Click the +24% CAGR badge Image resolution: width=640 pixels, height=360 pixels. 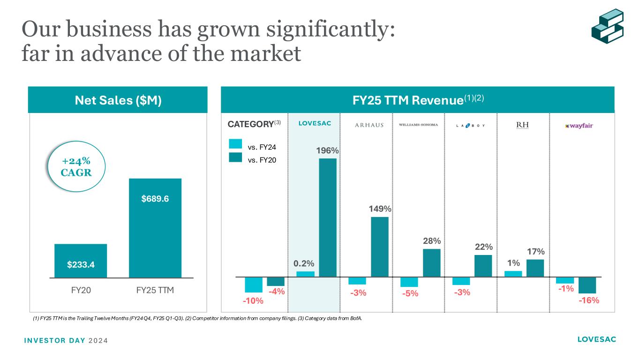76,166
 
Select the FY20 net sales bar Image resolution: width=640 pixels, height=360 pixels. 81,261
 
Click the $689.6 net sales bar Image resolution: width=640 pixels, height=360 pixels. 155,228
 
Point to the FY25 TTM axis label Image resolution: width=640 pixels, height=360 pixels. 155,290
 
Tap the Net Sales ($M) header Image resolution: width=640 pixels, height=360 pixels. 118,100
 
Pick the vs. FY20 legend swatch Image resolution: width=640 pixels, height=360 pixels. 235,157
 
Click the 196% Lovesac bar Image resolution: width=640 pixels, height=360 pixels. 328,217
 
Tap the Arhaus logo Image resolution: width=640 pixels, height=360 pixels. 369,125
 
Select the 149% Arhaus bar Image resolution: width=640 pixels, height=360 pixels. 379,247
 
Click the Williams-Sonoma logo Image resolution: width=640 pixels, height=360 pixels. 422,125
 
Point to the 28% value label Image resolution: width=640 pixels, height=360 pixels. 431,241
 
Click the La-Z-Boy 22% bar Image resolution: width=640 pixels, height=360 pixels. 483,266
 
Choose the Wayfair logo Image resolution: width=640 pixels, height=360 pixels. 579,126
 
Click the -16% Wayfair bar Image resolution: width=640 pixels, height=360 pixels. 587,285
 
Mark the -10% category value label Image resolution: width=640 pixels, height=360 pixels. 253,301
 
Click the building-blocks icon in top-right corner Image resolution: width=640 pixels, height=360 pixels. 607,27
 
